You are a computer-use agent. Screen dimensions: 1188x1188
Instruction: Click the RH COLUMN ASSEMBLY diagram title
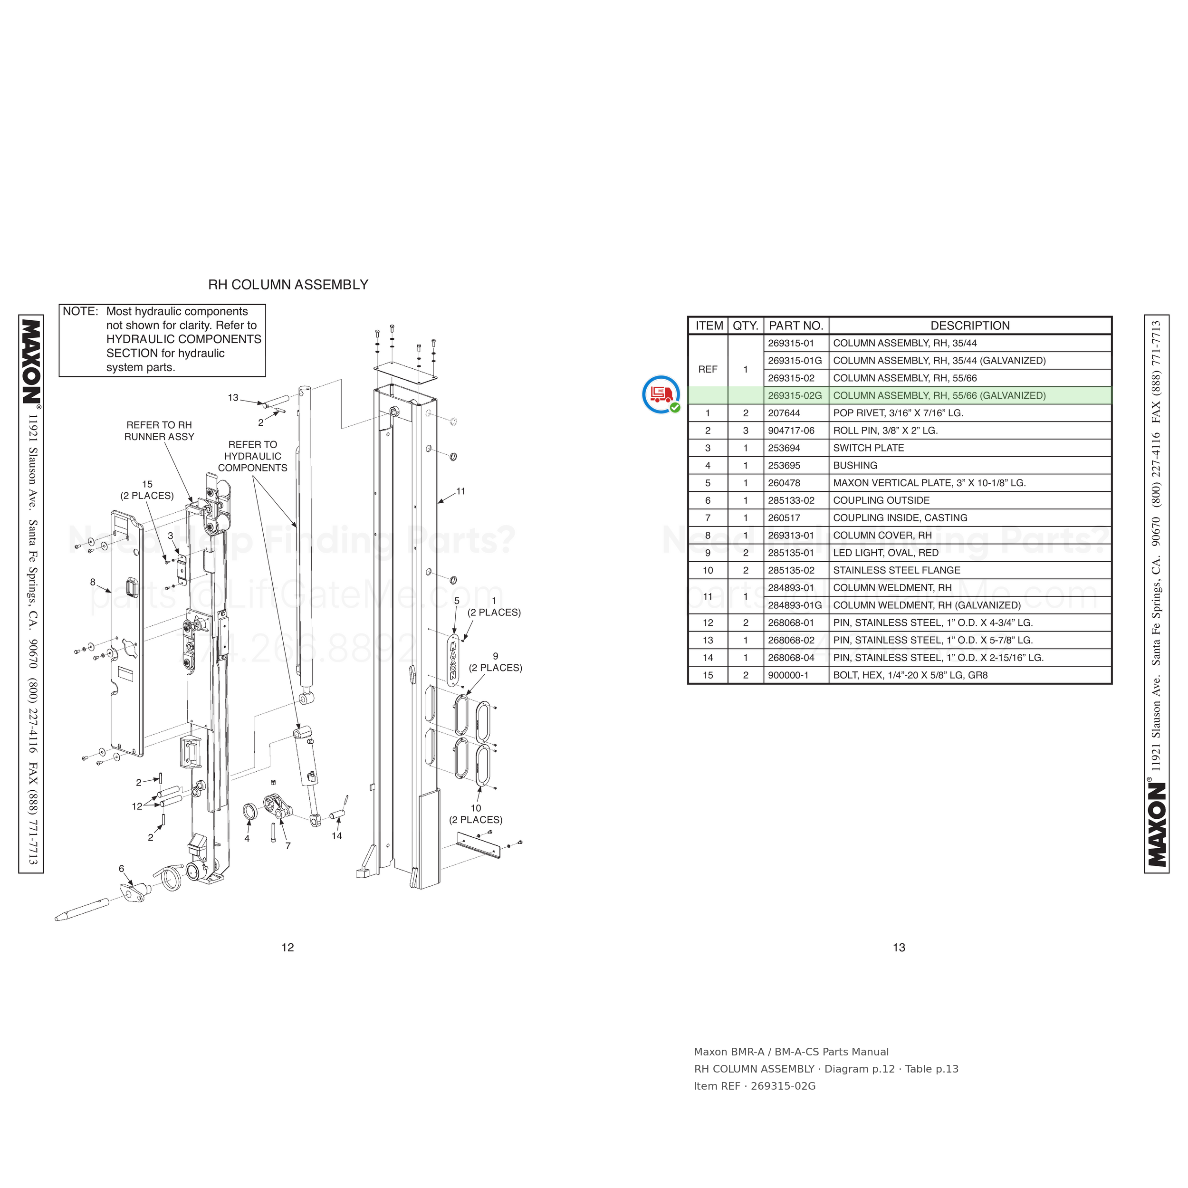(288, 285)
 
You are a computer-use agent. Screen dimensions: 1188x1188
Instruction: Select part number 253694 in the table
(784, 448)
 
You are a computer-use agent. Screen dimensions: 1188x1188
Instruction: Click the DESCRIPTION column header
(970, 326)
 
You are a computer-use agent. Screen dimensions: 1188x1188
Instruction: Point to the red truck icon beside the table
(661, 394)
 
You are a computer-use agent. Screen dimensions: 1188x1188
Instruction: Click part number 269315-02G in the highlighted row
(795, 395)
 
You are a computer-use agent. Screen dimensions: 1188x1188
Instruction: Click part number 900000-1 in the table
(788, 675)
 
